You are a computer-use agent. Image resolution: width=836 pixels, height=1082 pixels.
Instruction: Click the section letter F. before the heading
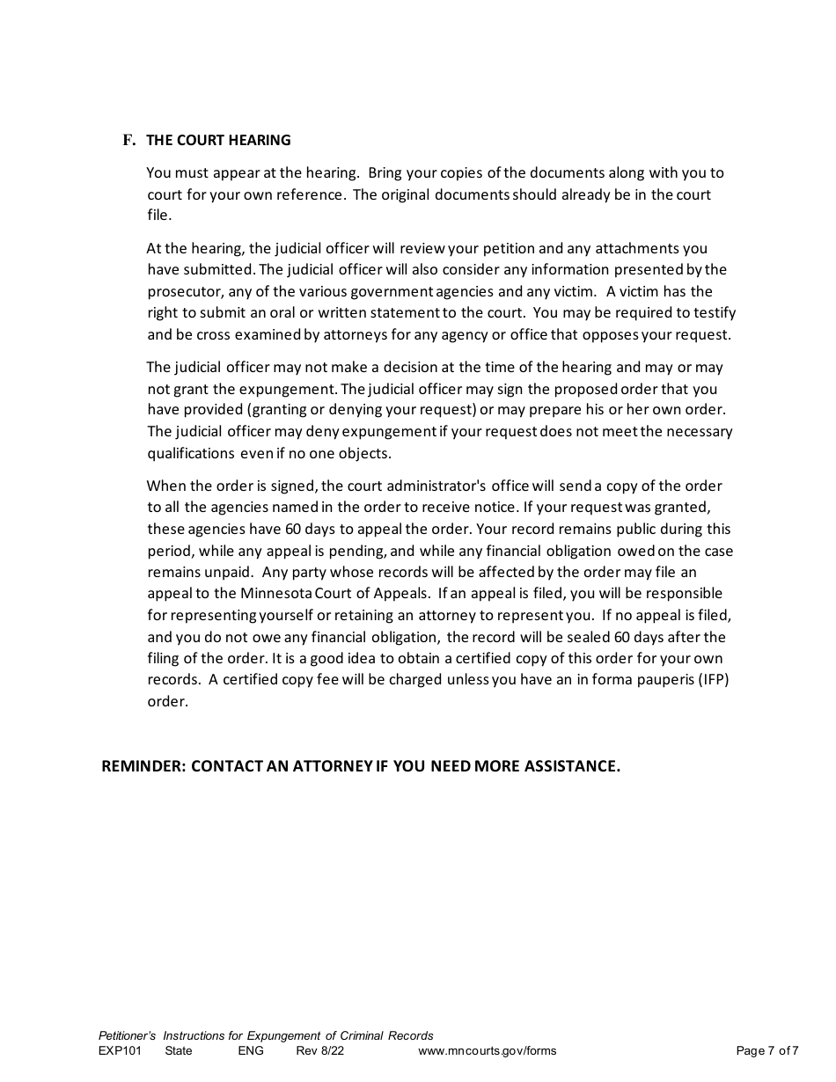(x=128, y=140)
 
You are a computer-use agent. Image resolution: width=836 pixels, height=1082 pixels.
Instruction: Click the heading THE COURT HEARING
(x=218, y=140)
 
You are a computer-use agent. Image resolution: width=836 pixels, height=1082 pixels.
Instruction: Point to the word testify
(x=713, y=312)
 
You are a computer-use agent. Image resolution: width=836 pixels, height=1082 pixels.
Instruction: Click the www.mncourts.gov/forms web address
(x=487, y=1050)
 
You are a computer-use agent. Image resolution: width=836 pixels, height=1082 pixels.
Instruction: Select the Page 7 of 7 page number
(x=766, y=1050)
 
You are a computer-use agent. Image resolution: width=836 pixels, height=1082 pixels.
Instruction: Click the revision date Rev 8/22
(x=320, y=1050)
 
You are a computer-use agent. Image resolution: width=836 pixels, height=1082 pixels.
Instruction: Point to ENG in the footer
(x=250, y=1050)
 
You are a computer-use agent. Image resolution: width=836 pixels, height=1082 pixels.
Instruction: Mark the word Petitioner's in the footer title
(x=128, y=1035)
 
